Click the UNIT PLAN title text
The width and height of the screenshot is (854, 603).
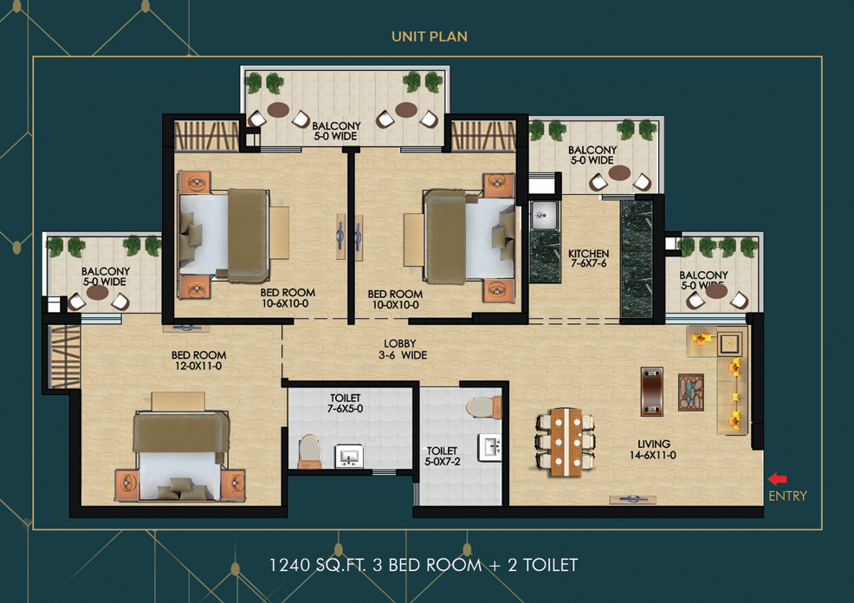(430, 36)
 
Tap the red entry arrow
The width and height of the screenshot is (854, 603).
(778, 478)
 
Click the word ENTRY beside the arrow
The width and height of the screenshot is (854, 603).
(787, 496)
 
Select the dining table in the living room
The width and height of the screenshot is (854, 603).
(566, 440)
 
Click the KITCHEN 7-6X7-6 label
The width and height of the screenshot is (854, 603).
(588, 259)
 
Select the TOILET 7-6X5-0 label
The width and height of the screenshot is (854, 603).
(346, 403)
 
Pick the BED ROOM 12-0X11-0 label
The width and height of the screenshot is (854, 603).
(198, 360)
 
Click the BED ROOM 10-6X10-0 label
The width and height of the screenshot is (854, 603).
(288, 298)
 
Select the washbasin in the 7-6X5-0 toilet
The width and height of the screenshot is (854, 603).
(349, 456)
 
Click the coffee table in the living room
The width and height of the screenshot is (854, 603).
(691, 392)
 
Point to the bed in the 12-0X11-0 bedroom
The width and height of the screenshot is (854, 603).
(182, 454)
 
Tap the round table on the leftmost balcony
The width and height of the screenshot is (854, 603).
(98, 294)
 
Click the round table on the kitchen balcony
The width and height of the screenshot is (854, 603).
(619, 173)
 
